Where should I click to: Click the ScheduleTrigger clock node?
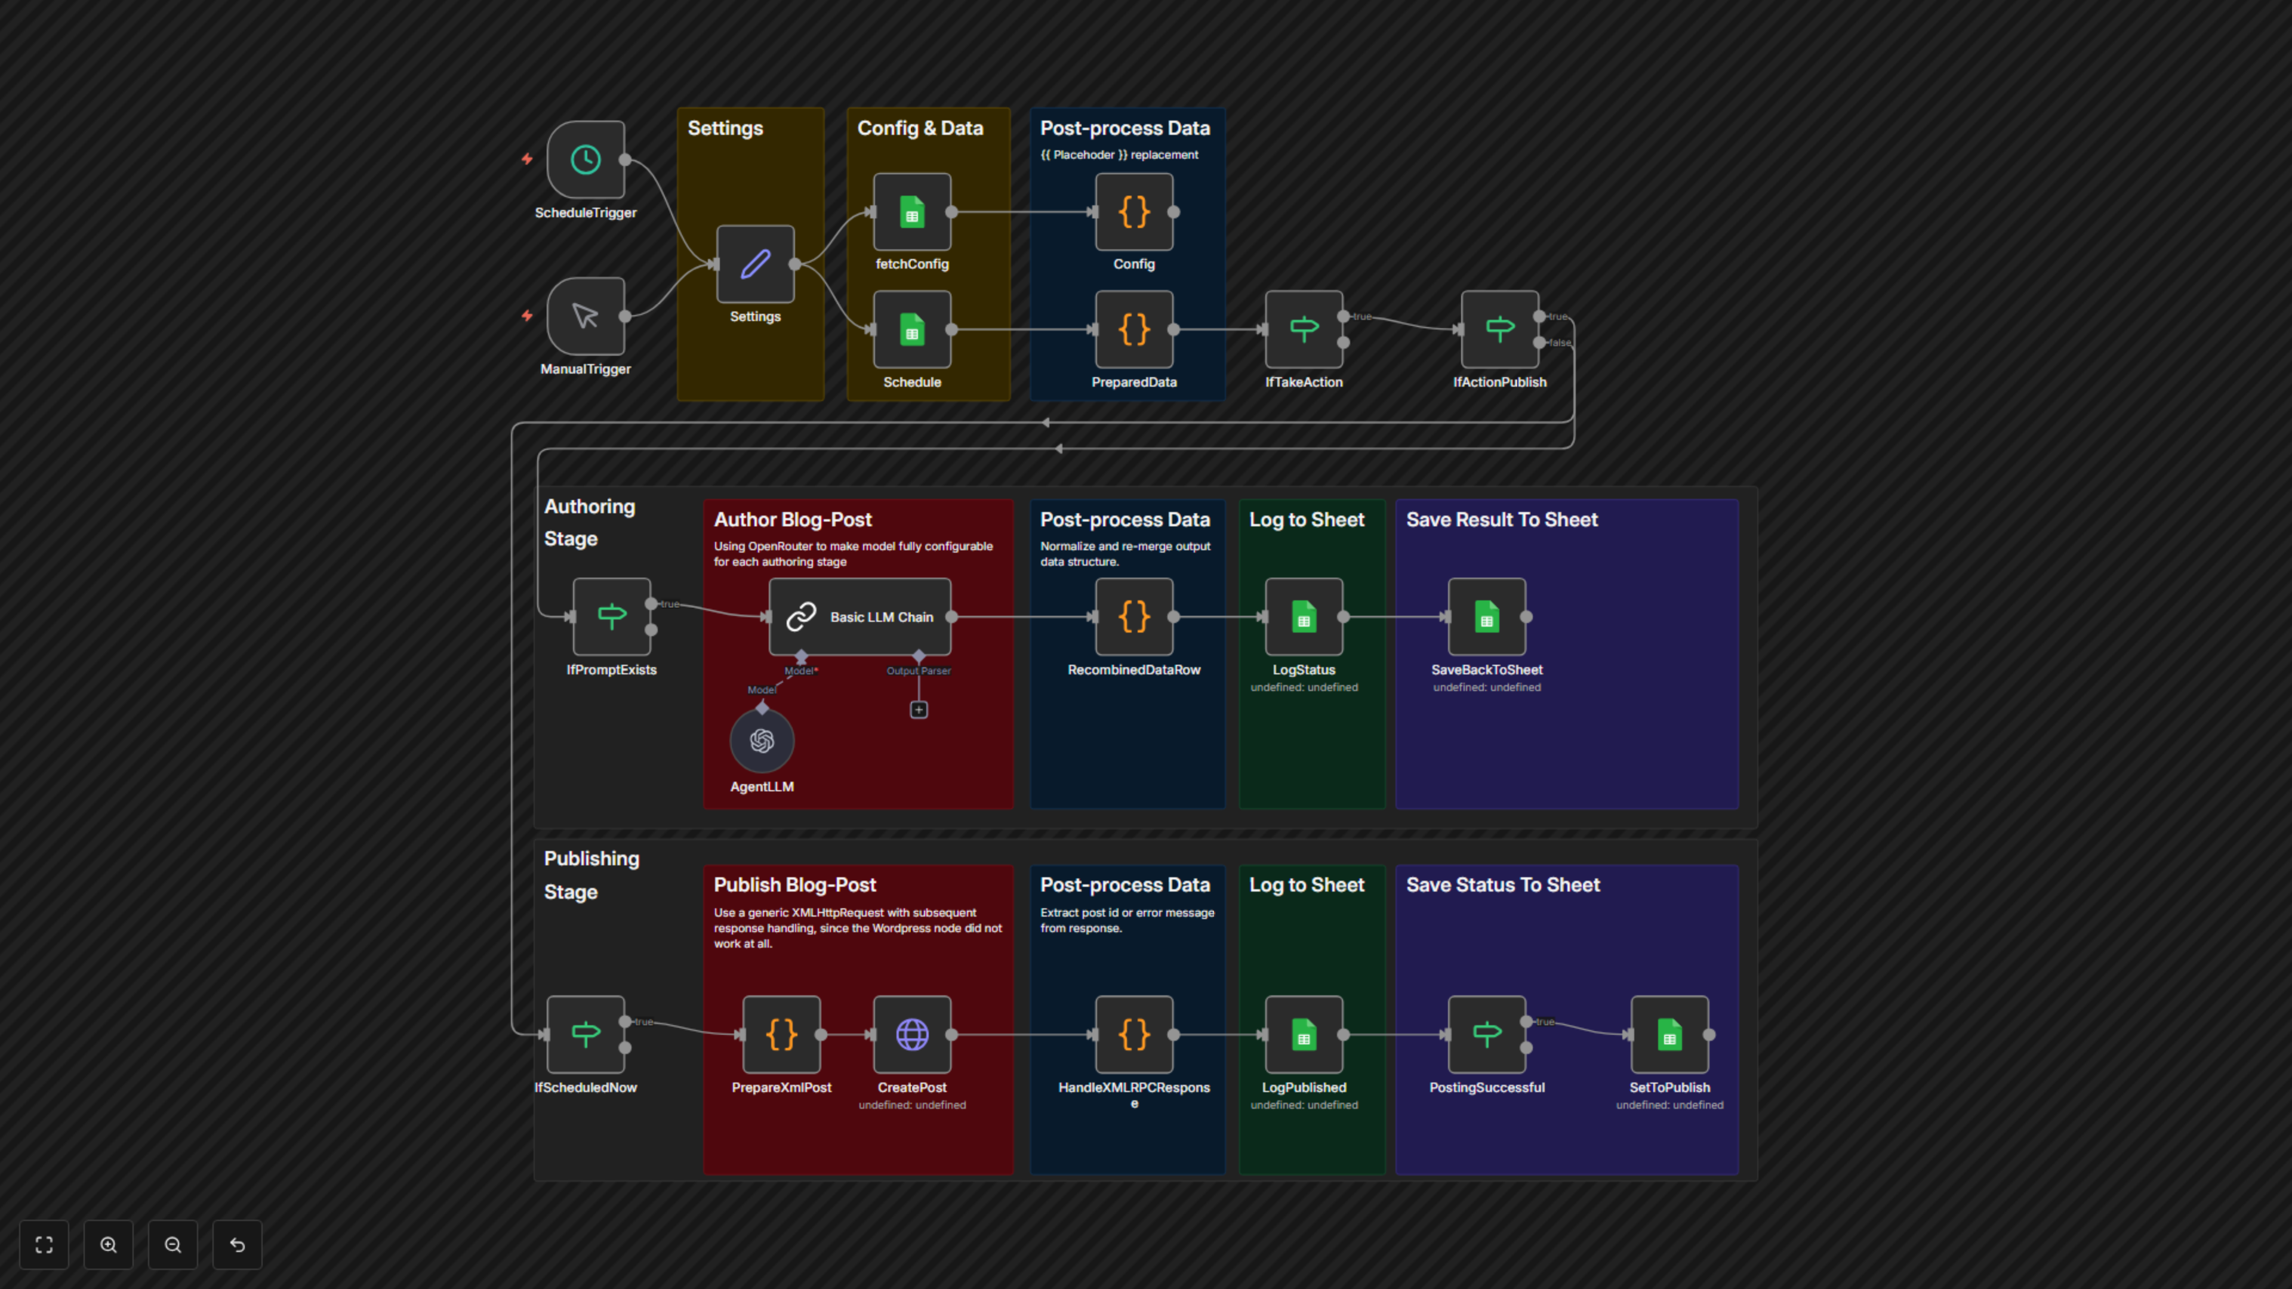(586, 160)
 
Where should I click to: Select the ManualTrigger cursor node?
(586, 316)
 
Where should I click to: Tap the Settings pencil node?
(756, 264)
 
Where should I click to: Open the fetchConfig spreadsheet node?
(912, 212)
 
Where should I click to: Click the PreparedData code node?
(1133, 329)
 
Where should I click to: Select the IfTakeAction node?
(1304, 329)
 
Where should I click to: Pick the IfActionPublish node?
(1499, 329)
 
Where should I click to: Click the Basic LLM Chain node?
(860, 616)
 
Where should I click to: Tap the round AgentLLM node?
(762, 740)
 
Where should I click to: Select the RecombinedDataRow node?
(1133, 616)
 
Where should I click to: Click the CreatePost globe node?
(912, 1035)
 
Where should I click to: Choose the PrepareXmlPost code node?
(781, 1035)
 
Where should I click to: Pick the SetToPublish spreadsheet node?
(1669, 1035)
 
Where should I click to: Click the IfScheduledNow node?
(586, 1035)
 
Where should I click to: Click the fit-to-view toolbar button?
(44, 1244)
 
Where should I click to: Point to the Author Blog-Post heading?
(792, 520)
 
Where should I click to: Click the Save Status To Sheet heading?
(1503, 885)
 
